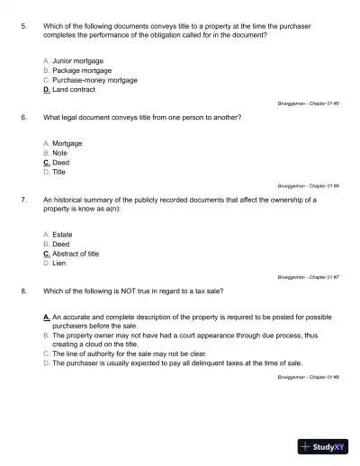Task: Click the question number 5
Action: point(22,26)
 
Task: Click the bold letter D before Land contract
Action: point(46,90)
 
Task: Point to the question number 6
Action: point(22,118)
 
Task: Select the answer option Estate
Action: point(63,234)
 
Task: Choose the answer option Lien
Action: point(59,264)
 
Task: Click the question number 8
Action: point(22,291)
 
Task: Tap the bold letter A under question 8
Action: point(46,318)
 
